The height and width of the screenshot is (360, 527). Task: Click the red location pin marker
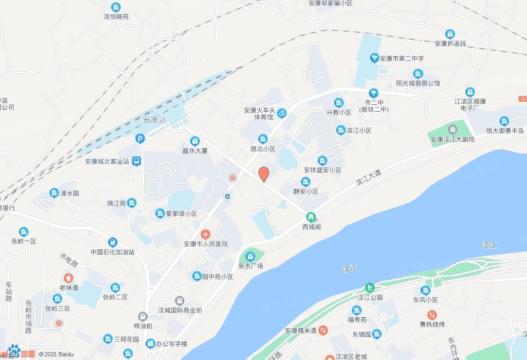[x=263, y=173]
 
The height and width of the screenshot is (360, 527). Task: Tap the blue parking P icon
[x=140, y=139]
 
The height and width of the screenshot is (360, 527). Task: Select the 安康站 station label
[x=154, y=120]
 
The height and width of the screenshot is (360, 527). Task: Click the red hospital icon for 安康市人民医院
[x=206, y=234]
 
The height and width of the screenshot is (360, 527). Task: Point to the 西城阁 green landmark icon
[x=311, y=216]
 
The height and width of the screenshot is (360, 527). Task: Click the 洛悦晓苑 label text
[x=116, y=17]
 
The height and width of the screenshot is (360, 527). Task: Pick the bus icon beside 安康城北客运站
[x=136, y=161]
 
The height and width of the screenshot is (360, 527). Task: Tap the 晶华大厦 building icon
[x=195, y=141]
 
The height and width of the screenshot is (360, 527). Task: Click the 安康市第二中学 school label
[x=402, y=59]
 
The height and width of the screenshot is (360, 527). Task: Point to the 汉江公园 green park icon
[x=369, y=287]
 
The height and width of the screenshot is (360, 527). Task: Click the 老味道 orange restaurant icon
[x=69, y=277]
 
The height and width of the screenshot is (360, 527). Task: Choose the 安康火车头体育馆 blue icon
[x=281, y=112]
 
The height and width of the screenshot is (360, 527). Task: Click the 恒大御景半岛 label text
[x=505, y=131]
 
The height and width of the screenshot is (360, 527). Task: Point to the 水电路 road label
[x=69, y=260]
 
